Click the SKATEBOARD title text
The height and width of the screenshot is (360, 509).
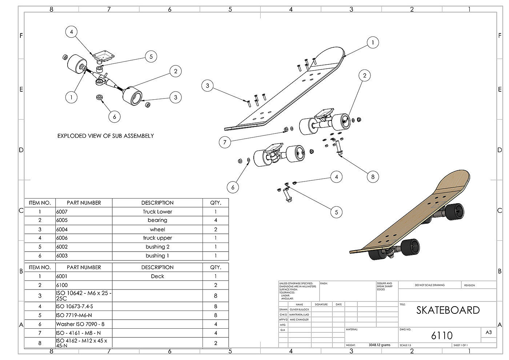tap(448, 310)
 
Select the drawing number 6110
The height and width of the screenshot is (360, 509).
tap(442, 335)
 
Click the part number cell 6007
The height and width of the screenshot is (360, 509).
tap(62, 212)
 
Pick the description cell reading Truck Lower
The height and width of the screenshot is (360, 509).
tap(157, 212)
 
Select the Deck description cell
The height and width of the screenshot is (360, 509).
tap(157, 276)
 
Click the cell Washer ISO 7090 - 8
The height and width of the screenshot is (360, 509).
tap(80, 324)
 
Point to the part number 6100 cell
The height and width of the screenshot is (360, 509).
tap(62, 285)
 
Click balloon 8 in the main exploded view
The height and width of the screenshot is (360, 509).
tap(373, 177)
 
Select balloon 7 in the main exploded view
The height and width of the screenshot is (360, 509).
tap(225, 142)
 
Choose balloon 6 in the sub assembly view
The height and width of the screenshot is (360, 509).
tap(115, 116)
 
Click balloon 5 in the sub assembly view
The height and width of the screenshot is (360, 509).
tap(151, 56)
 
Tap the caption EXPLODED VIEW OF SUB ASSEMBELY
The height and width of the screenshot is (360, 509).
tap(105, 136)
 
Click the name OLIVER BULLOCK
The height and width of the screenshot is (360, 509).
tap(299, 309)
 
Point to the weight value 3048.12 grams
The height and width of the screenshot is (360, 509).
tap(379, 345)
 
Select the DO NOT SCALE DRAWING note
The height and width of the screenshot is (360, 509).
tap(430, 285)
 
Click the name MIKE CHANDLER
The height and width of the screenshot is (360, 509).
tap(299, 320)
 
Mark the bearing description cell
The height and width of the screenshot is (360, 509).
tap(157, 220)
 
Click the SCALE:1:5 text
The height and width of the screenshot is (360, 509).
tap(406, 345)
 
